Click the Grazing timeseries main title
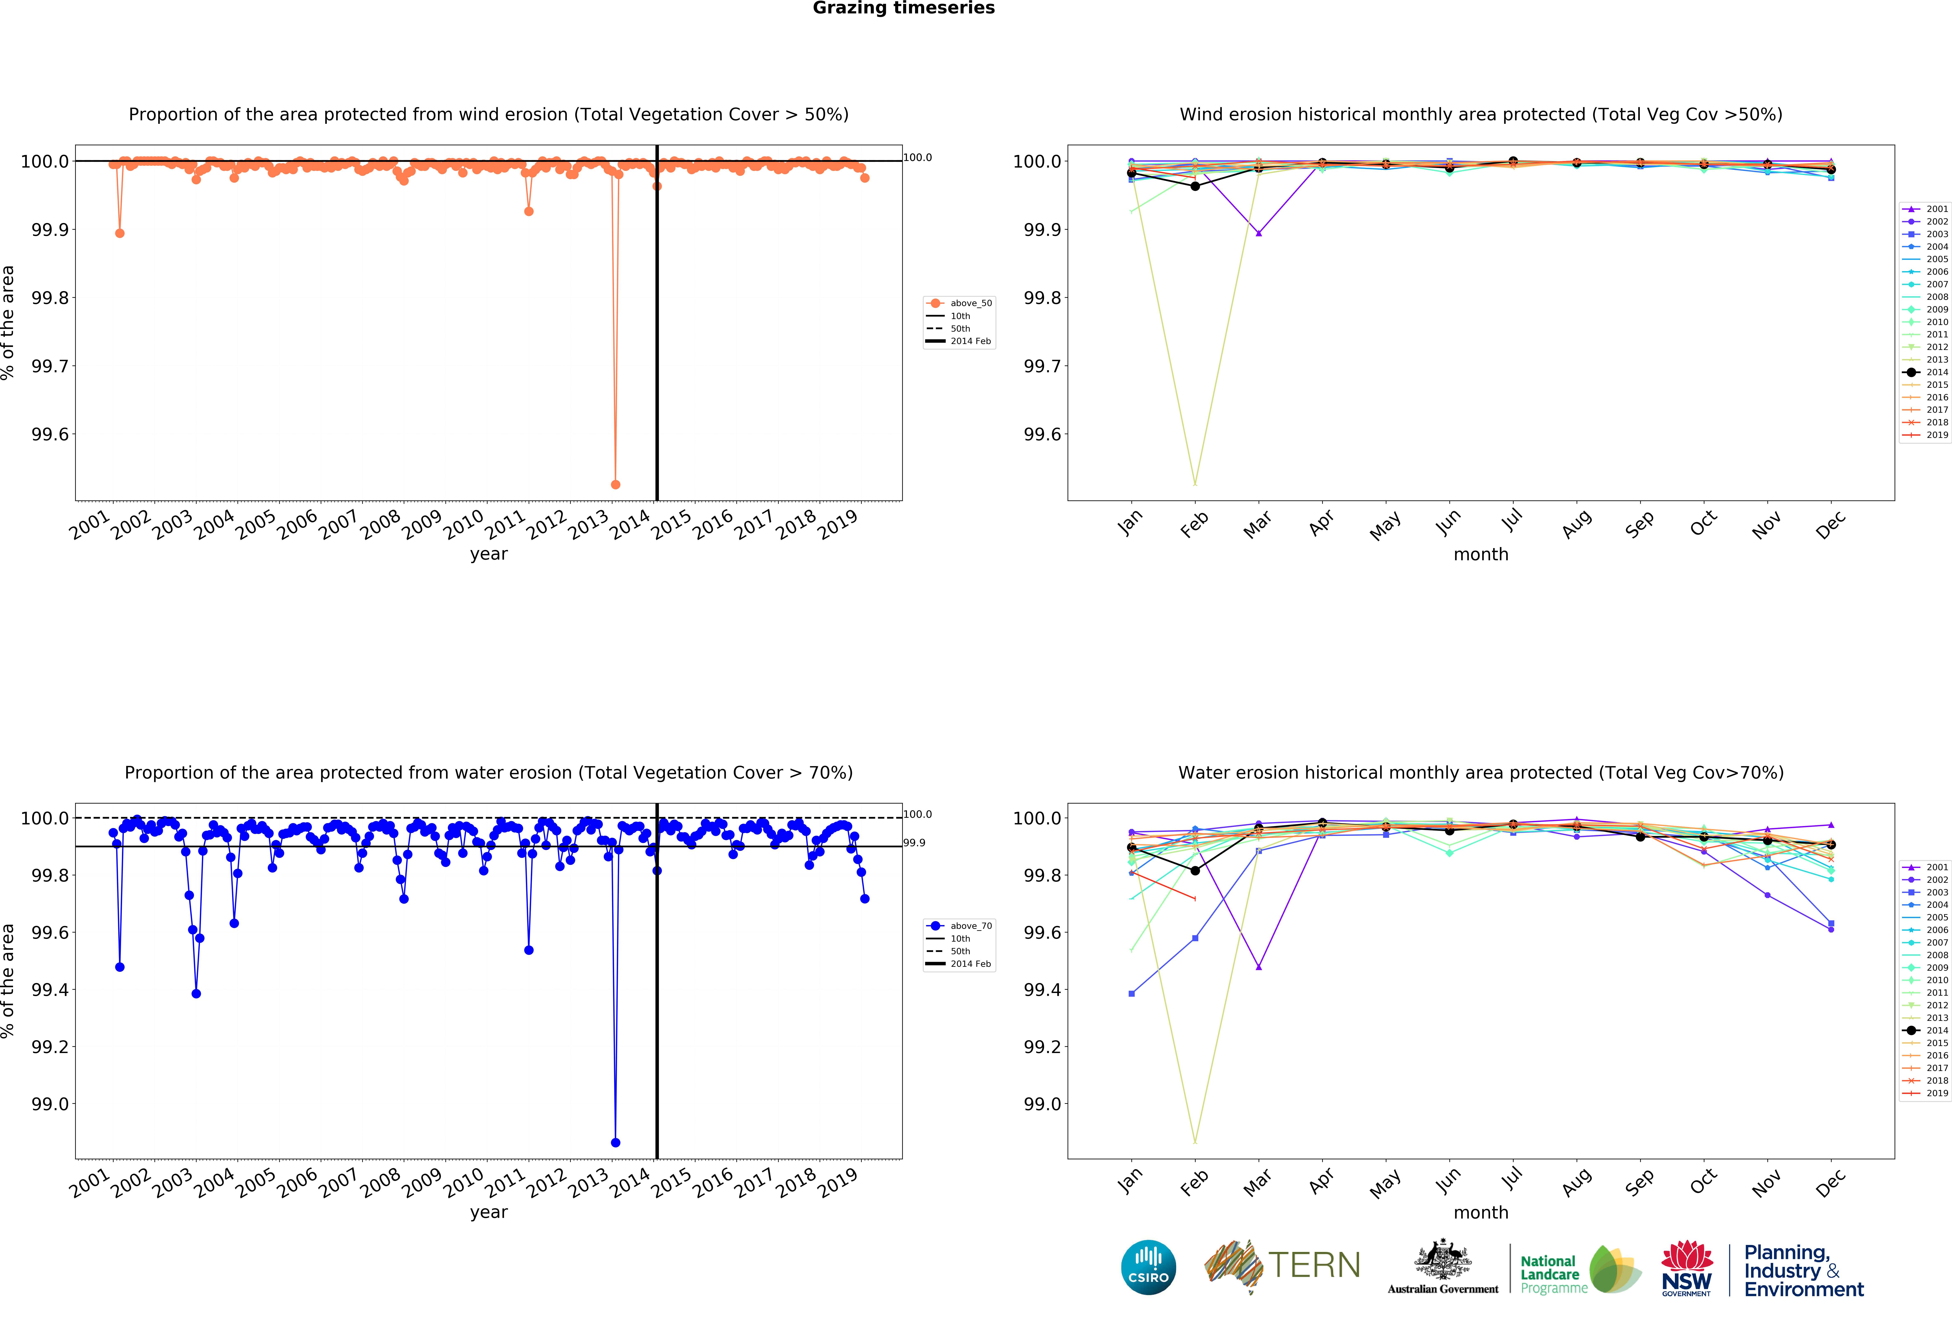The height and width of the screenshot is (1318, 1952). pos(903,8)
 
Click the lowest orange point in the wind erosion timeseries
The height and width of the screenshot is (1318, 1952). pos(616,484)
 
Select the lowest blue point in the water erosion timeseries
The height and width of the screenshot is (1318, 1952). pos(616,1143)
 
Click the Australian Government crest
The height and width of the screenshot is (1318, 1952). pos(1442,1259)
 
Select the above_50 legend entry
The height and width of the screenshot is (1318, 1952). pos(970,303)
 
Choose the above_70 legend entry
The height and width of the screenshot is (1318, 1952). pos(970,926)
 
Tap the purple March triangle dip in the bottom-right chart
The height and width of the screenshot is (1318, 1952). pos(1258,967)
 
